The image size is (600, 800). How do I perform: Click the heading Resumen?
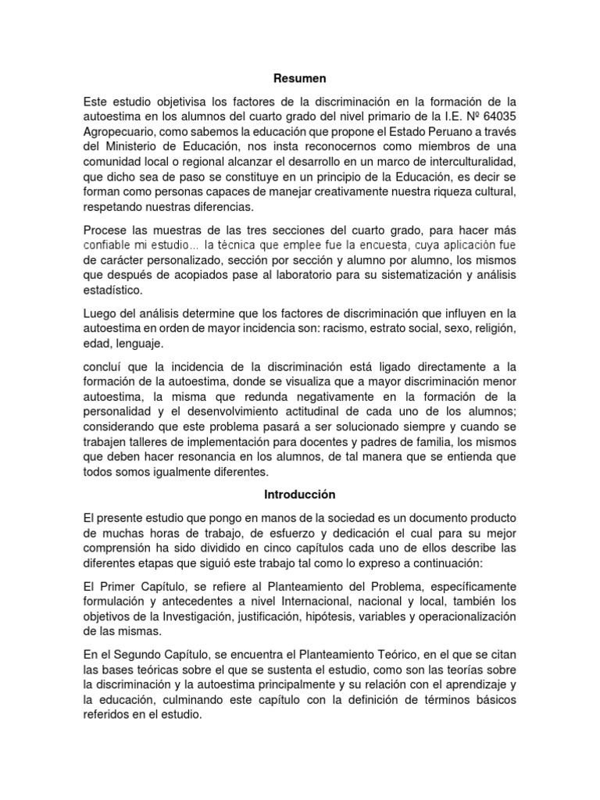coord(300,79)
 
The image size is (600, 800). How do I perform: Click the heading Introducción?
coord(300,495)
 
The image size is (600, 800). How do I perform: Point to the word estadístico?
coord(113,290)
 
